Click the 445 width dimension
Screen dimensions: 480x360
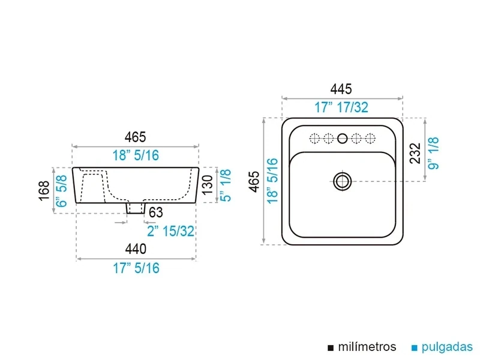pos(341,89)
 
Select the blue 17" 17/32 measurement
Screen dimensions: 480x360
pos(341,107)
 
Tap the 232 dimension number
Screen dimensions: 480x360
pos(415,153)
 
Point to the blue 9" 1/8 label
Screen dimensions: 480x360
pos(433,153)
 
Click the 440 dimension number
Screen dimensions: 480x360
pos(136,249)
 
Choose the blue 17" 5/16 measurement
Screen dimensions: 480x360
pos(136,268)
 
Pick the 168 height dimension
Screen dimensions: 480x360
pos(44,190)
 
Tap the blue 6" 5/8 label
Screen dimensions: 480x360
pos(62,191)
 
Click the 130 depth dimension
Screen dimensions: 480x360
pos(208,185)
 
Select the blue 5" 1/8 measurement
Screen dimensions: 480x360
pos(226,185)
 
